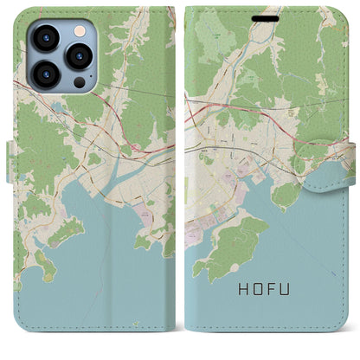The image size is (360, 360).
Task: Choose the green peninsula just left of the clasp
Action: coord(286,195)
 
